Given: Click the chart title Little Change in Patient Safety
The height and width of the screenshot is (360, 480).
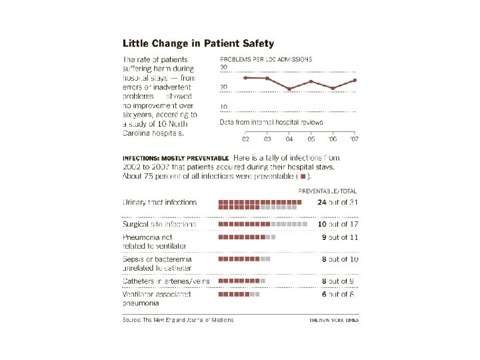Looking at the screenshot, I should pyautogui.click(x=198, y=43).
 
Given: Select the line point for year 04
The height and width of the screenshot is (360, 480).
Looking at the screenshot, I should pyautogui.click(x=289, y=89).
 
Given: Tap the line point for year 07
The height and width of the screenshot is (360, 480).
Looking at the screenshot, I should pyautogui.click(x=355, y=80).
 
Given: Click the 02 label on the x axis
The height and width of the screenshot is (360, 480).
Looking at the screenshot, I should pyautogui.click(x=245, y=139).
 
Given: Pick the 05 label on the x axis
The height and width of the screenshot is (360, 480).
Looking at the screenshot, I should pyautogui.click(x=311, y=139).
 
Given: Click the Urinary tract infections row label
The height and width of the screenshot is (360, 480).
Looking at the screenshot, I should pyautogui.click(x=160, y=202).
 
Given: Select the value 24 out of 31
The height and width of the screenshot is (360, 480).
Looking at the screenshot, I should pyautogui.click(x=338, y=202).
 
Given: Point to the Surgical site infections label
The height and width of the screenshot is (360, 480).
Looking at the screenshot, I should pyautogui.click(x=160, y=224).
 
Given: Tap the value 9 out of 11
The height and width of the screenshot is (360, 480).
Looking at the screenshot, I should pyautogui.click(x=338, y=237).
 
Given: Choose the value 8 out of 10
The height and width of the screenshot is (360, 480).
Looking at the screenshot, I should pyautogui.click(x=338, y=259).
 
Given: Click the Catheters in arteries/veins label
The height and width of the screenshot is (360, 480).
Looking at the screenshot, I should pyautogui.click(x=166, y=281).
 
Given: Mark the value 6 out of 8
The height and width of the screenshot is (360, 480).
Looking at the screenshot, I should pyautogui.click(x=338, y=294).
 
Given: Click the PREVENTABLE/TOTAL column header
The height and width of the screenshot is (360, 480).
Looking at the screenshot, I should pyautogui.click(x=326, y=189).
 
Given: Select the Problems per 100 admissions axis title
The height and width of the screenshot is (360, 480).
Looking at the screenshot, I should pyautogui.click(x=266, y=59).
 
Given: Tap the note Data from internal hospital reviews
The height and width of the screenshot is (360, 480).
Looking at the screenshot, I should pyautogui.click(x=271, y=122).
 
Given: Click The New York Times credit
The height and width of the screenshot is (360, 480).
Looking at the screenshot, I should pyautogui.click(x=333, y=320).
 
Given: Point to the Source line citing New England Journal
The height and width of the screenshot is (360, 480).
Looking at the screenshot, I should pyautogui.click(x=178, y=320).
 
